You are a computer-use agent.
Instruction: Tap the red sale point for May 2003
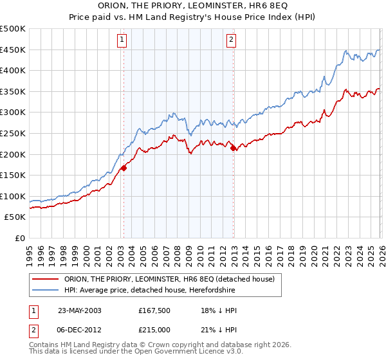pos(124,168)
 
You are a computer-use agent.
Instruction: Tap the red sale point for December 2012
pos(233,148)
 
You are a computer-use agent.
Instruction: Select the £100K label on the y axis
pos(14,196)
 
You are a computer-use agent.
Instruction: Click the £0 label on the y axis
pos(20,238)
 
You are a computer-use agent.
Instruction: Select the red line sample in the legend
pos(46,279)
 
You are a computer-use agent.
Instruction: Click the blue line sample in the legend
pos(46,291)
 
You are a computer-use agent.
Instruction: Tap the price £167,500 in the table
pos(153,310)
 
